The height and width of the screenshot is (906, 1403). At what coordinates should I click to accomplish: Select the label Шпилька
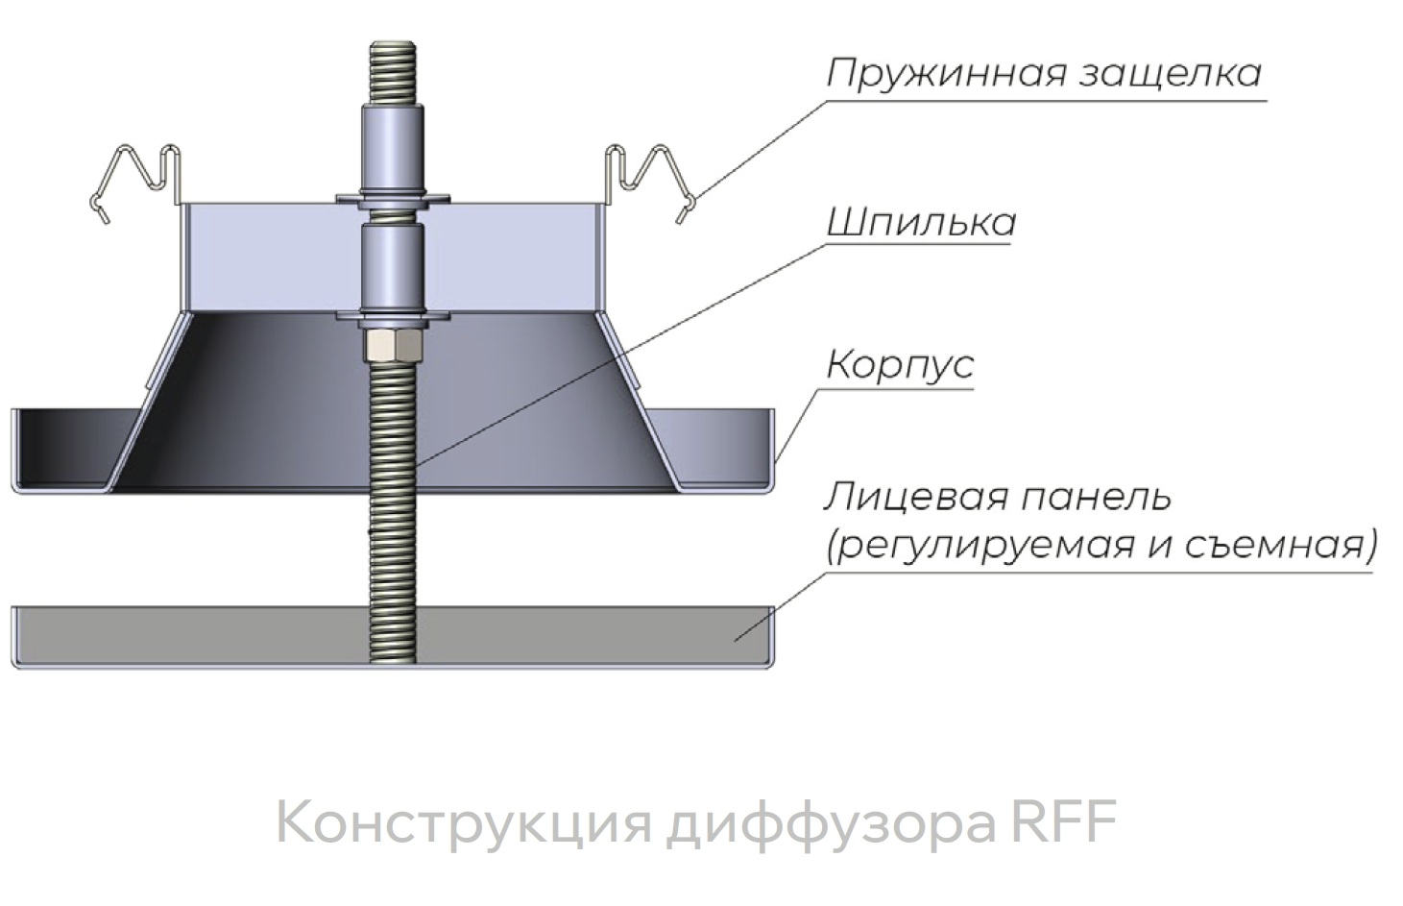920,223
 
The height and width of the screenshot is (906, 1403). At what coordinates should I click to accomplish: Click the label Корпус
900,365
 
